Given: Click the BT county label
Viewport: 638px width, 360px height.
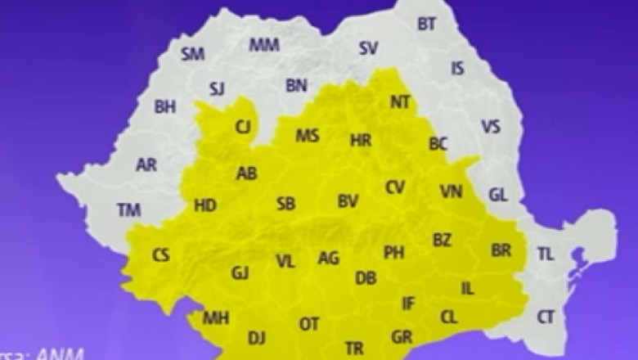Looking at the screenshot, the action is [427, 25].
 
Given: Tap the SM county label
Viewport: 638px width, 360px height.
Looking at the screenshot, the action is [193, 55].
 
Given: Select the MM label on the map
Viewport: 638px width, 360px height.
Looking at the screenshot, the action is [264, 45].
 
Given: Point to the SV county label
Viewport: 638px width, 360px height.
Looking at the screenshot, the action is [369, 48].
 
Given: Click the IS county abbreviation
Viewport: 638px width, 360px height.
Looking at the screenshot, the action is [457, 69].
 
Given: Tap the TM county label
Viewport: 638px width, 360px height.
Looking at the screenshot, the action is [128, 210].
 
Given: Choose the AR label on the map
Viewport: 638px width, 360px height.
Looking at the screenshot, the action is [146, 165].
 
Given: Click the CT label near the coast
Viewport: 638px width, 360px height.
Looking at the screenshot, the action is [546, 317].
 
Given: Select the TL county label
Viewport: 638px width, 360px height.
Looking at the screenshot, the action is [546, 254].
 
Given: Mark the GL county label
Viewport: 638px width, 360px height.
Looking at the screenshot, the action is [498, 195].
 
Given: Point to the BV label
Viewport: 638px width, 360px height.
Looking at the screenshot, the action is [348, 201].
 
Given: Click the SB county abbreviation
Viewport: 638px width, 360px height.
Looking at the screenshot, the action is [285, 204].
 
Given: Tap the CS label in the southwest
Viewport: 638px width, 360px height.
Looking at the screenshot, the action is [161, 256].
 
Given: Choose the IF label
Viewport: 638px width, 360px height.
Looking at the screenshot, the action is [408, 304].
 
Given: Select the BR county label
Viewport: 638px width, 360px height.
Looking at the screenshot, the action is [501, 250].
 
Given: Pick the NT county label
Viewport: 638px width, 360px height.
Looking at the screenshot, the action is [400, 103].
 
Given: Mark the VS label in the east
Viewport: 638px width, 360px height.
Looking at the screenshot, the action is [491, 127].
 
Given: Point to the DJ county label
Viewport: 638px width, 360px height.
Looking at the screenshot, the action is [257, 336].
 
